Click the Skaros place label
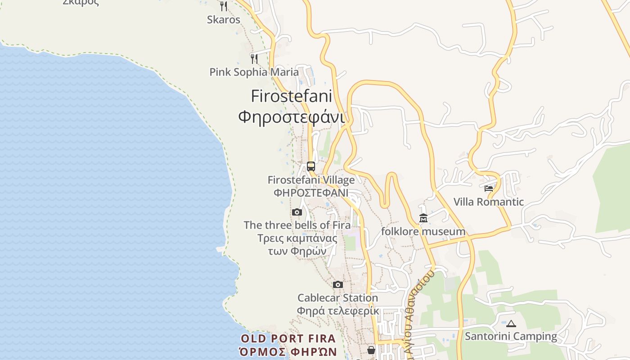pyautogui.click(x=224, y=20)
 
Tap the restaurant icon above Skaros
pyautogui.click(x=223, y=6)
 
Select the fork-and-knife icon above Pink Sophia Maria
pyautogui.click(x=254, y=58)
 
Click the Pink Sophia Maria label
pyautogui.click(x=254, y=72)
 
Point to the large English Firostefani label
pyautogui.click(x=291, y=96)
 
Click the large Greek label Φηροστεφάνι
pyautogui.click(x=291, y=117)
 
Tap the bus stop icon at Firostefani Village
pyautogui.click(x=311, y=166)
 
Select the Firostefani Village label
pyautogui.click(x=311, y=180)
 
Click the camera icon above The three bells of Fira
pyautogui.click(x=297, y=212)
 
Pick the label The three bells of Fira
pyautogui.click(x=297, y=225)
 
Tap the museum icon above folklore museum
pyautogui.click(x=423, y=219)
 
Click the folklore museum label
pyautogui.click(x=423, y=232)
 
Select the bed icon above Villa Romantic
pyautogui.click(x=489, y=189)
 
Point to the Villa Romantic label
pyautogui.click(x=489, y=202)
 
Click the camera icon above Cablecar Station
pyautogui.click(x=338, y=284)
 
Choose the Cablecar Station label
pyautogui.click(x=337, y=298)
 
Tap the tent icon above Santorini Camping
pyautogui.click(x=511, y=324)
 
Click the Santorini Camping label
pyautogui.click(x=511, y=337)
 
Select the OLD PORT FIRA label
pyautogui.click(x=288, y=339)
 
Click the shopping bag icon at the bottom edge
pyautogui.click(x=371, y=350)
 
